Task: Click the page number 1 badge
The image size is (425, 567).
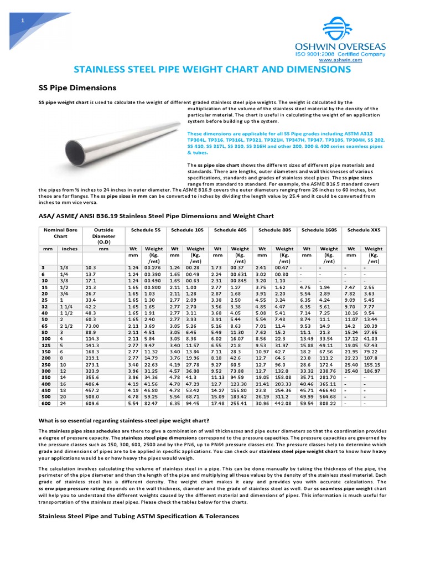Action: pos(22,21)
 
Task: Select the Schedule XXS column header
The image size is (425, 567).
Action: pos(364,230)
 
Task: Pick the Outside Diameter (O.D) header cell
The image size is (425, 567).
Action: pos(103,235)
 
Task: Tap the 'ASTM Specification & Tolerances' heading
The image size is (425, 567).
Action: pos(138,516)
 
